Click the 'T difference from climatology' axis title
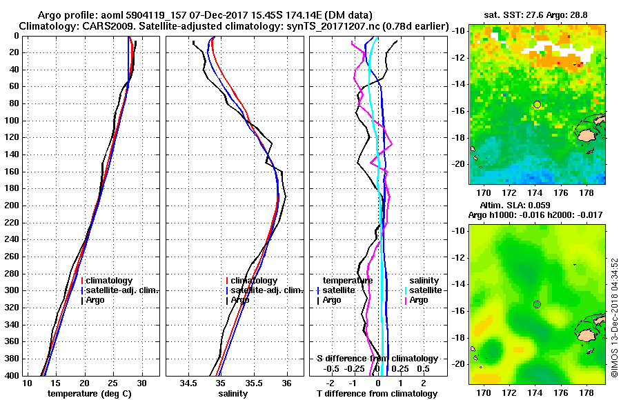point(377,393)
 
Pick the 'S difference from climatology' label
point(377,359)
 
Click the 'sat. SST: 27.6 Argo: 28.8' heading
point(537,14)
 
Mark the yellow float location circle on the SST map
point(537,104)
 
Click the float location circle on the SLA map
point(537,304)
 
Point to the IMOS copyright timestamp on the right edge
point(613,317)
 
